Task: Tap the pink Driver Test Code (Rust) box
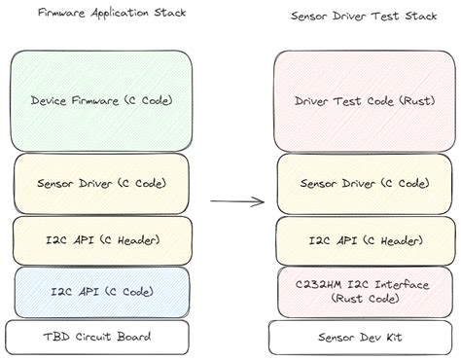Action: tap(352, 99)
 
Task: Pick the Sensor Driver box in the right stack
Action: tap(352, 182)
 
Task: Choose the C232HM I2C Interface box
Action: tap(352, 291)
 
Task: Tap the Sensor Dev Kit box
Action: tap(352, 337)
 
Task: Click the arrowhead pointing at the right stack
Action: tap(261, 202)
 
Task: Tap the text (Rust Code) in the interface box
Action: tap(352, 300)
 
